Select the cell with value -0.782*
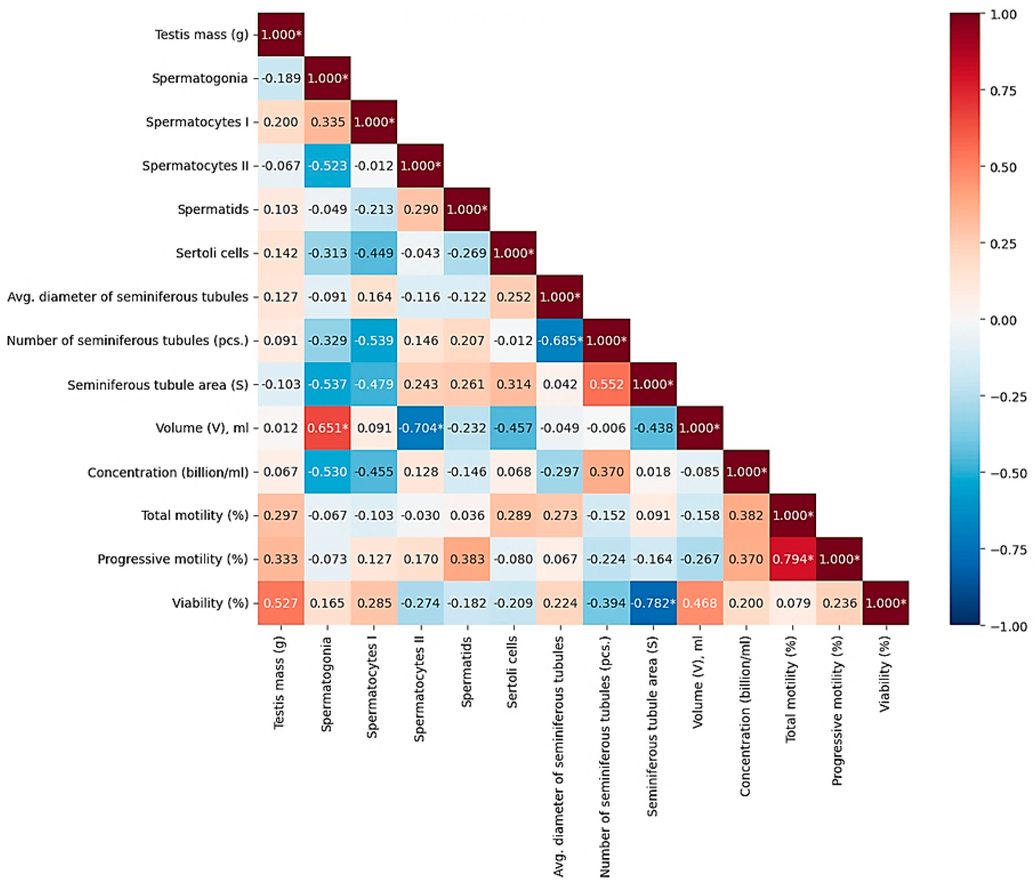pos(653,603)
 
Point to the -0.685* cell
pos(560,340)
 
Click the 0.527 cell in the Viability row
pos(280,603)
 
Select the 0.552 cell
pos(606,384)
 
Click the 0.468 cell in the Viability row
pos(700,603)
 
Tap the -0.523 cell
pos(327,166)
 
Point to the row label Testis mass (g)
pos(201,34)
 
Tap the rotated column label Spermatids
pos(466,671)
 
